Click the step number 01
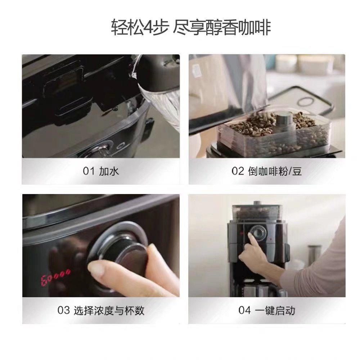pos(89,171)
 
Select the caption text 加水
pos(109,171)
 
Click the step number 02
pos(238,171)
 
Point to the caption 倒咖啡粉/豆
pos(275,171)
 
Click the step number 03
pos(63,310)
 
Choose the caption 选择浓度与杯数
pos(108,310)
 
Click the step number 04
pos(245,310)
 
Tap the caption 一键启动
pos(276,310)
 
